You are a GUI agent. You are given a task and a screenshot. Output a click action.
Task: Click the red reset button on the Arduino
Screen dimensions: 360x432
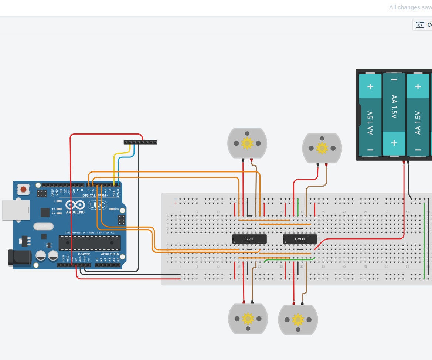tap(23, 190)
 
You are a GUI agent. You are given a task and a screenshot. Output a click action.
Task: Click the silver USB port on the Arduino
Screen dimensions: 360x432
tap(16, 210)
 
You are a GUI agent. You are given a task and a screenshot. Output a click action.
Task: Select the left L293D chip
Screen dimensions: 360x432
tap(249, 239)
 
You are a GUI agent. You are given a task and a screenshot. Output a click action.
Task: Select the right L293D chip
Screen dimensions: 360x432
tap(300, 239)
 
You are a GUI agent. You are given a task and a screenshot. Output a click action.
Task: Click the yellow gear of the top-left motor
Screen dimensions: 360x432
tap(247, 143)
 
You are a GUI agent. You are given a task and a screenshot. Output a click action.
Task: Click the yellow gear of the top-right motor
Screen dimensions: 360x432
tap(322, 148)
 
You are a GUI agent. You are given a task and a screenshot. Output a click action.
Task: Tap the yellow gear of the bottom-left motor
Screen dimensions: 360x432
tap(248, 318)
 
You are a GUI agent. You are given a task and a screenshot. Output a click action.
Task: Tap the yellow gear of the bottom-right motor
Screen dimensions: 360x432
tap(297, 319)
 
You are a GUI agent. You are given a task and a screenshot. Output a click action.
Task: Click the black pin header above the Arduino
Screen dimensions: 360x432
tap(140, 142)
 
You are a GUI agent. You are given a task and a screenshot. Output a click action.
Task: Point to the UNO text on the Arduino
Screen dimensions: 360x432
tap(97, 205)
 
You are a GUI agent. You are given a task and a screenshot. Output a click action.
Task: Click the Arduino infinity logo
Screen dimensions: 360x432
tap(75, 205)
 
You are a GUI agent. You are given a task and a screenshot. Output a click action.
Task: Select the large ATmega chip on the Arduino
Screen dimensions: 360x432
tap(90, 243)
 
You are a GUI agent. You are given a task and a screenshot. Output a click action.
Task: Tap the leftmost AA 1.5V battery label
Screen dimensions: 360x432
tap(370, 122)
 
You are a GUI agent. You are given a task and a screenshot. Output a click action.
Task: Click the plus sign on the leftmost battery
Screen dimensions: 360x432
tap(370, 86)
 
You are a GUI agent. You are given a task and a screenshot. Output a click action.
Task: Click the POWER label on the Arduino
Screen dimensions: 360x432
tap(84, 254)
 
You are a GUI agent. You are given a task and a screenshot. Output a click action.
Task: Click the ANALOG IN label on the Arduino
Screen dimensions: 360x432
tap(110, 254)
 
